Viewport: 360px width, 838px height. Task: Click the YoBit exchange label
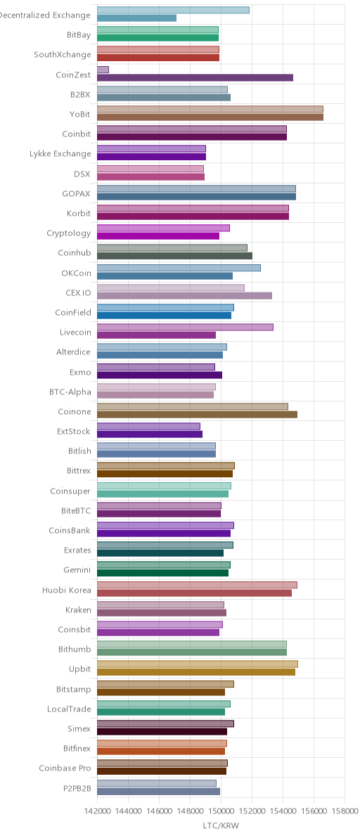pyautogui.click(x=80, y=114)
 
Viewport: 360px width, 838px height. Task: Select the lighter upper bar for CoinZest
pyautogui.click(x=103, y=70)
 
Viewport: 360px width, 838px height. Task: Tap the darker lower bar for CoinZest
pyautogui.click(x=195, y=77)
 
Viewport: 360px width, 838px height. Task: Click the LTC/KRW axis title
pyautogui.click(x=221, y=826)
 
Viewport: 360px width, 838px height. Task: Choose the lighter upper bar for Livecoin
pyautogui.click(x=186, y=327)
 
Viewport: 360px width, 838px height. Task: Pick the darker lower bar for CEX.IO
pyautogui.click(x=185, y=295)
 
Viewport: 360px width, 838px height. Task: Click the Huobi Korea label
pyautogui.click(x=67, y=590)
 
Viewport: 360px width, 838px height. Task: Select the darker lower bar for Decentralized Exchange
pyautogui.click(x=136, y=18)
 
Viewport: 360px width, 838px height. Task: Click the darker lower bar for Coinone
pyautogui.click(x=197, y=414)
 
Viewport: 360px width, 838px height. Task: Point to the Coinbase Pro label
pyautogui.click(x=65, y=768)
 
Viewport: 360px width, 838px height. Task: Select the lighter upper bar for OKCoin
pyautogui.click(x=179, y=268)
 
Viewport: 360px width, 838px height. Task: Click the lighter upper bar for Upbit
pyautogui.click(x=198, y=664)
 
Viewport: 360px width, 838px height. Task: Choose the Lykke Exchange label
pyautogui.click(x=60, y=154)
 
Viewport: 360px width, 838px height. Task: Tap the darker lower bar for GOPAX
pyautogui.click(x=197, y=197)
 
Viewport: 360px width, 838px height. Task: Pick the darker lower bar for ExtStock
pyautogui.click(x=150, y=434)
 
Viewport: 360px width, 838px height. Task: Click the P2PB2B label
pyautogui.click(x=77, y=788)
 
